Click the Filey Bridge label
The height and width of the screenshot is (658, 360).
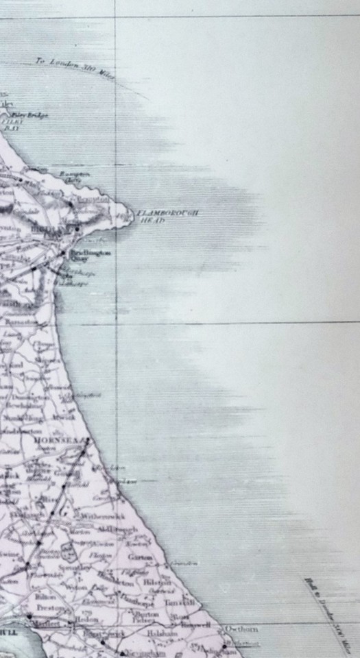tap(32, 116)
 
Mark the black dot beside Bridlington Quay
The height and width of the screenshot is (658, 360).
tap(63, 253)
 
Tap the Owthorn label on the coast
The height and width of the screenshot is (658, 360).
tap(241, 629)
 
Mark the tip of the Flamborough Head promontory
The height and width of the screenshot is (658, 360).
tap(133, 218)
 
